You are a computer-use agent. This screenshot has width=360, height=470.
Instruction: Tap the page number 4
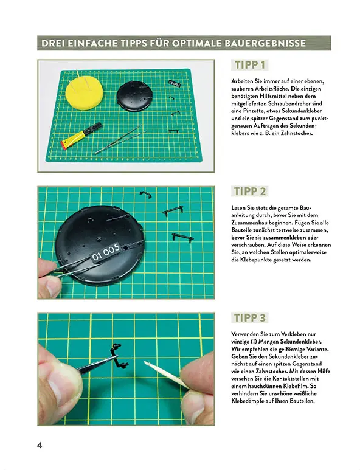click(x=40, y=445)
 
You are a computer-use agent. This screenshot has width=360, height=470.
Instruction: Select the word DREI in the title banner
click(x=55, y=43)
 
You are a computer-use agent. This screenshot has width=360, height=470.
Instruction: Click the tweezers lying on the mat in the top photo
click(x=119, y=140)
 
